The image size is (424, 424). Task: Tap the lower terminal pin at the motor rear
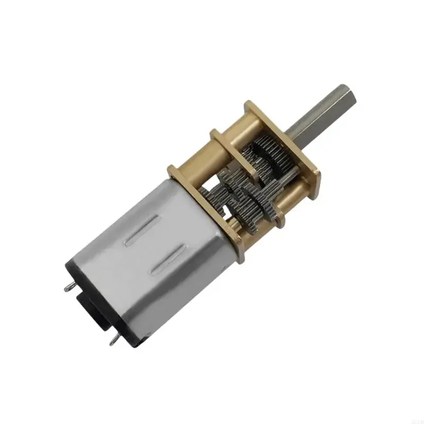point(113,342)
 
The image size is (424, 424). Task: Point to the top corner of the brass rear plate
point(173,169)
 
